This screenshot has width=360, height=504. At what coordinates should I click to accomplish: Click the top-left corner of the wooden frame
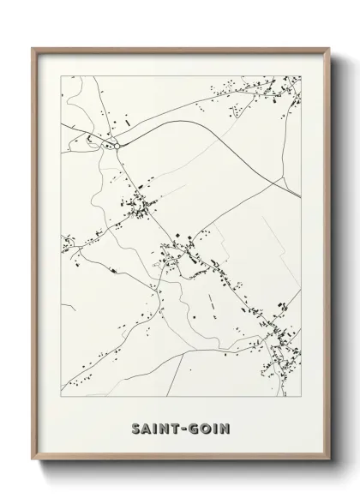point(33,48)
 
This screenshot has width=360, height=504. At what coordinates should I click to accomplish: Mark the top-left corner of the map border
point(60,75)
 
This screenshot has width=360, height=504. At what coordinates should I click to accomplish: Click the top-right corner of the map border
point(301,75)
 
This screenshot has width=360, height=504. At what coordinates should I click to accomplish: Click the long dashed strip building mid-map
point(210,301)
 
